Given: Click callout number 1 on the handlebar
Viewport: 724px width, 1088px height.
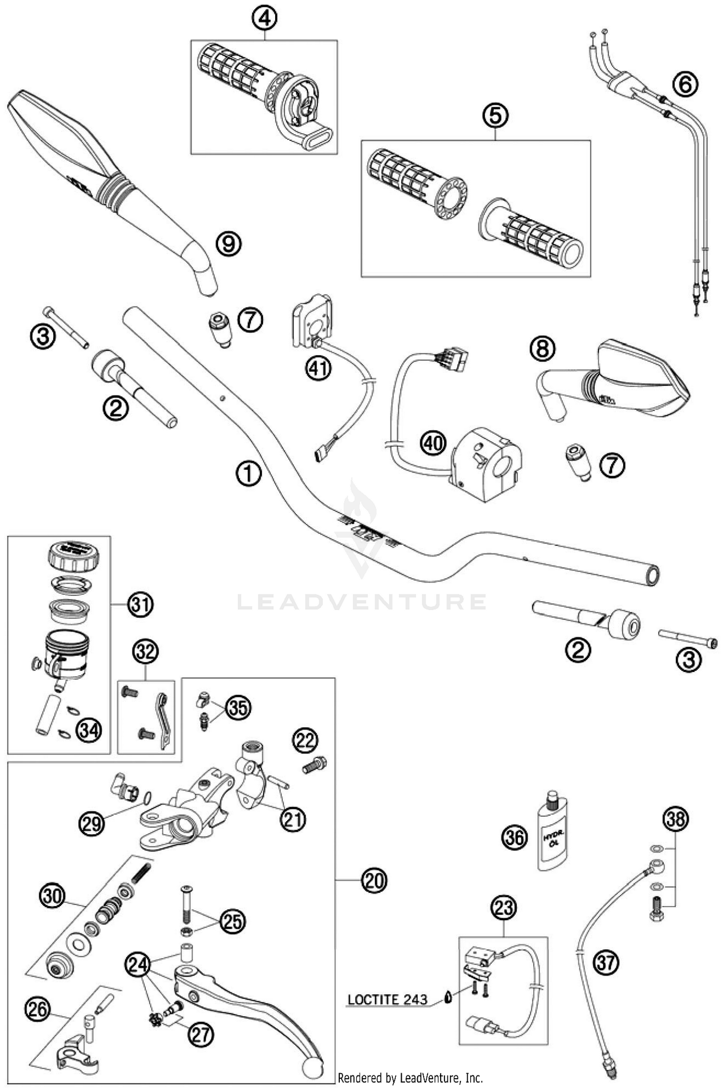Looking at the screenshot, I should pyautogui.click(x=249, y=474).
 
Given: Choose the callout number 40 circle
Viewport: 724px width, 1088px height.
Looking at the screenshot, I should pyautogui.click(x=433, y=442).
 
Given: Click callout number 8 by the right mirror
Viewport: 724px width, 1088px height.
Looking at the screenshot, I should pyautogui.click(x=543, y=348).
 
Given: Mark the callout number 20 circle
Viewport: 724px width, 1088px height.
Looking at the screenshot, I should pyautogui.click(x=375, y=880).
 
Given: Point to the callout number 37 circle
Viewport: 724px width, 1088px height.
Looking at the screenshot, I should pyautogui.click(x=606, y=963).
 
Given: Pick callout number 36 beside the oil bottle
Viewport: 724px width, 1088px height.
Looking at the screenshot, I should pyautogui.click(x=515, y=837).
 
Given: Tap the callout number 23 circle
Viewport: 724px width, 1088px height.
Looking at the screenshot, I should pyautogui.click(x=503, y=908).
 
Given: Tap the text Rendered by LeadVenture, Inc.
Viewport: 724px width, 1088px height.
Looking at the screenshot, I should pyautogui.click(x=410, y=1077).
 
